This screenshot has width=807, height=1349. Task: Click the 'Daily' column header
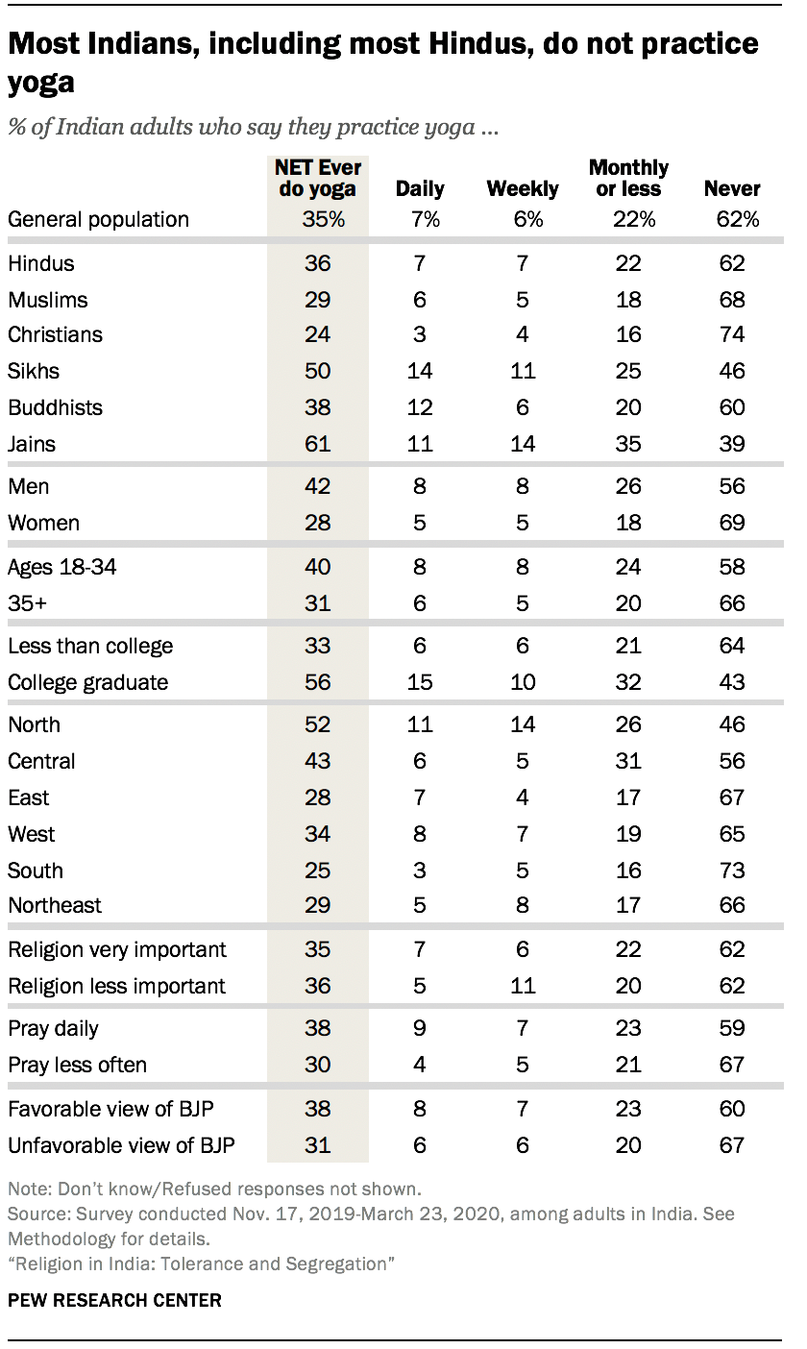(x=420, y=189)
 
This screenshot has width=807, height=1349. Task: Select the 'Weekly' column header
(x=522, y=189)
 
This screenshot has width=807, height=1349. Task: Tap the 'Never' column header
(x=732, y=189)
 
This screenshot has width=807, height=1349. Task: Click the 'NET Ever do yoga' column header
(x=317, y=179)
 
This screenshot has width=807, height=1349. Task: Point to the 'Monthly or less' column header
(x=628, y=179)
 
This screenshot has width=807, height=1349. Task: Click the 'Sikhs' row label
(x=34, y=371)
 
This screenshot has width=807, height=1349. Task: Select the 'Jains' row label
(x=32, y=444)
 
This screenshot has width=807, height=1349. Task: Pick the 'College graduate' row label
(x=87, y=682)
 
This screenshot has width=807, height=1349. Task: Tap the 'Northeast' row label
(x=55, y=905)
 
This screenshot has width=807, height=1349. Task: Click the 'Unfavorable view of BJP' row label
(x=121, y=1145)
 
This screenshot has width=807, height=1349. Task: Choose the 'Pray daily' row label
(x=54, y=1028)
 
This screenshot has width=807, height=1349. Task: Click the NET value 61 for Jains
(x=317, y=444)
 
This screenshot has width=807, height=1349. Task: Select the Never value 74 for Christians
(x=732, y=334)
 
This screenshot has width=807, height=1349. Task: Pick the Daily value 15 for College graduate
(x=420, y=682)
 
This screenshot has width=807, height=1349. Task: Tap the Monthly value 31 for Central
(x=628, y=761)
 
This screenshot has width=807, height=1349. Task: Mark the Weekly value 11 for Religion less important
(x=522, y=986)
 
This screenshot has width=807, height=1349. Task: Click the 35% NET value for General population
(x=317, y=219)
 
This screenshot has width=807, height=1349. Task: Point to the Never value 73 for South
(x=732, y=871)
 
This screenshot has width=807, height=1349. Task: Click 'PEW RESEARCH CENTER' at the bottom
(x=114, y=1300)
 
